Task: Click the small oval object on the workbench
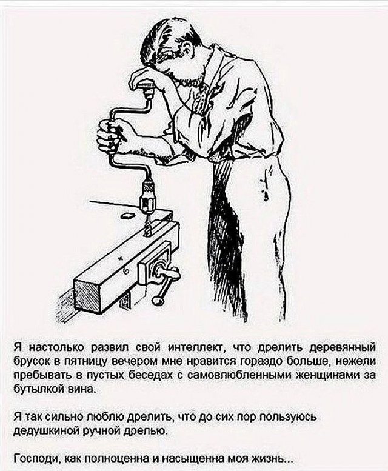(128, 215)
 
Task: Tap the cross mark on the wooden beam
(121, 259)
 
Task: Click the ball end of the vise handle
(157, 301)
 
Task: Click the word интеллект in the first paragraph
(195, 348)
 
